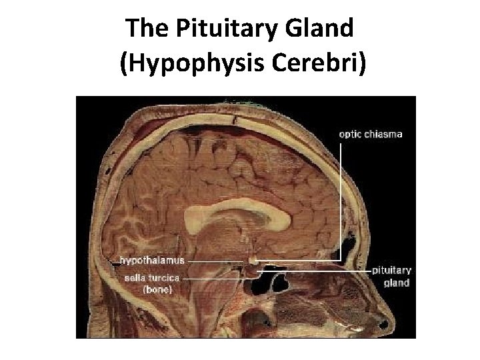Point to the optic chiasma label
(x=371, y=134)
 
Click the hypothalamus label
(x=152, y=259)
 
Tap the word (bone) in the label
(x=159, y=289)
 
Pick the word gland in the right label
(x=397, y=282)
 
